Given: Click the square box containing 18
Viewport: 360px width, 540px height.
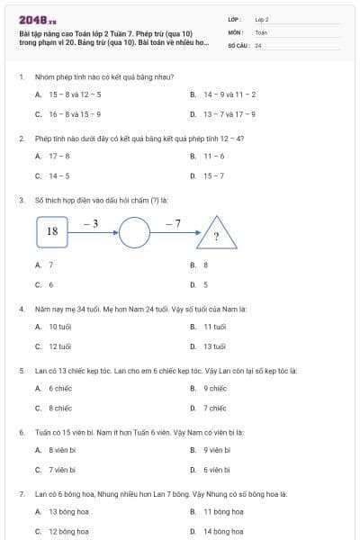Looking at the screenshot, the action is point(52,231).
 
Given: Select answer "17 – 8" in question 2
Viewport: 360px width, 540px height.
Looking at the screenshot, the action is point(59,156).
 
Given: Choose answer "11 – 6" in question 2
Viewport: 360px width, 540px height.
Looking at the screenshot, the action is point(214,156).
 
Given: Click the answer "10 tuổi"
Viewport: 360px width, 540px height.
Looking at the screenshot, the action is point(60,326).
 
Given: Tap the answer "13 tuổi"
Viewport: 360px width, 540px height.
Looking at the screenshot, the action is point(214,346).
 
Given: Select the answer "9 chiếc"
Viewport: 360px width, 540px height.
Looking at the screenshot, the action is point(214,388).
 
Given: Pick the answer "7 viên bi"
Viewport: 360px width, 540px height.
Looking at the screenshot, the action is point(64,469).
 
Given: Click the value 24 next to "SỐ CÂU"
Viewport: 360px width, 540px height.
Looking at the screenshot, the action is point(258,44).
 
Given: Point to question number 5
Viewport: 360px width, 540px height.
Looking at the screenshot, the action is point(22,370).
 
